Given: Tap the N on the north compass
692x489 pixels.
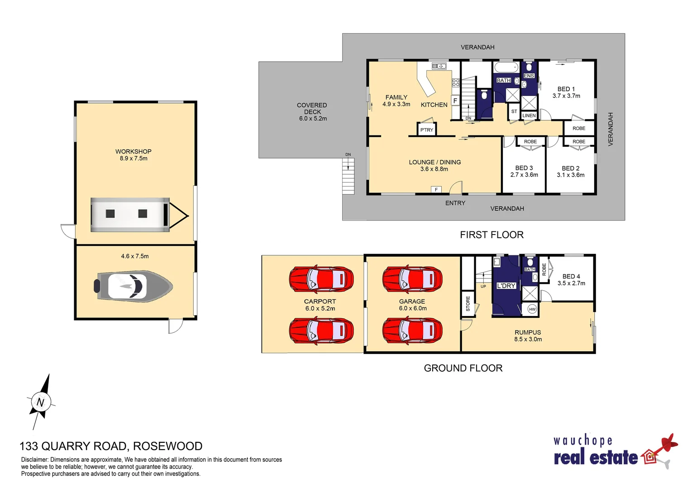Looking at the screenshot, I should [41, 402].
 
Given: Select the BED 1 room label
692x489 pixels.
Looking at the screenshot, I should [566, 89].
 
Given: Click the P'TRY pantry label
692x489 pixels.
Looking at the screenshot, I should [426, 130].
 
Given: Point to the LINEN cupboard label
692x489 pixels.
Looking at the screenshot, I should [529, 115].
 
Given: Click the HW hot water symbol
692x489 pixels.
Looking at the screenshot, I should [532, 309].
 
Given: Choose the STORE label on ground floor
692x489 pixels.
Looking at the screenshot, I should [468, 303].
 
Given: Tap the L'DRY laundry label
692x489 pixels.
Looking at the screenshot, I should [506, 286].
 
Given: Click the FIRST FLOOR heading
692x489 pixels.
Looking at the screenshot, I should [492, 235].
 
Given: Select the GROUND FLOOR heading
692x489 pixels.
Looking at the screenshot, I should [463, 368].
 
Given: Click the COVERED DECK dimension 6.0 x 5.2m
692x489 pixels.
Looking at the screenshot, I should [313, 119].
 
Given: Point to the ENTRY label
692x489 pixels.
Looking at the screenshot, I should [455, 203].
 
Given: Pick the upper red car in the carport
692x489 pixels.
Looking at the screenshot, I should [321, 279].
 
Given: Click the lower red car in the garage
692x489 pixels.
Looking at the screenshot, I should [412, 330].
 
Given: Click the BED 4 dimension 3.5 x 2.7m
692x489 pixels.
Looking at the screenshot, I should [571, 283].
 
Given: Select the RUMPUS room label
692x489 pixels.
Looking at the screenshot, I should [528, 332].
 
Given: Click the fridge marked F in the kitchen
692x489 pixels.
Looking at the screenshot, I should [455, 101].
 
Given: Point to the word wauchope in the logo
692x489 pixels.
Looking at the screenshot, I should [582, 441].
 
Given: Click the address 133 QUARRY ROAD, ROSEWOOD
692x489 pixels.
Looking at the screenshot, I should [111, 446].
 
